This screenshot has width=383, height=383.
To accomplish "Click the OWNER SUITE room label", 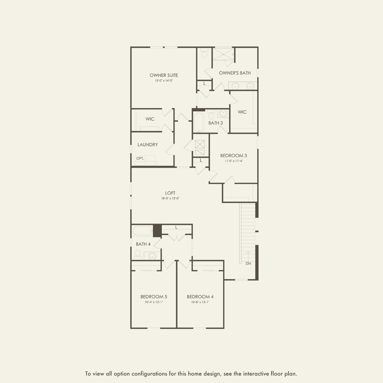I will (x=164, y=75).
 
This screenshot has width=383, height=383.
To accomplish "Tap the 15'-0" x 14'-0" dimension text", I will (x=164, y=81).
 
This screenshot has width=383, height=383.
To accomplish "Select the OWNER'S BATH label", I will (x=235, y=73).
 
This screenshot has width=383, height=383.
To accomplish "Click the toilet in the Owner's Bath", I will (x=204, y=54).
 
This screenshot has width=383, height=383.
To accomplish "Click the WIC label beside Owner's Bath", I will (x=242, y=112).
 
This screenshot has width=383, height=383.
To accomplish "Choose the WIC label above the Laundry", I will (x=150, y=119).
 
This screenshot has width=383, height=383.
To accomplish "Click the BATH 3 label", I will (x=215, y=123).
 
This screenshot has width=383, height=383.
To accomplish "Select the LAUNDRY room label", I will (x=148, y=145).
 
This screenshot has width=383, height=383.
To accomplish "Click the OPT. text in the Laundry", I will (x=140, y=158).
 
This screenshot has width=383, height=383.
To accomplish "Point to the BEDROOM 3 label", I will (x=234, y=156).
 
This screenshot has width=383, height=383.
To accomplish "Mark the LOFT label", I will (x=170, y=193).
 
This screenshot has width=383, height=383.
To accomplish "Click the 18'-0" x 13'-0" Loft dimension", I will (x=170, y=198).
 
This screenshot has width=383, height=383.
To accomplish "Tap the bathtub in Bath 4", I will (x=142, y=231).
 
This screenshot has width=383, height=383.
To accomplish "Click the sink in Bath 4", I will (x=152, y=256).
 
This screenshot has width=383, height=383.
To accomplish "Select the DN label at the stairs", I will (x=248, y=263).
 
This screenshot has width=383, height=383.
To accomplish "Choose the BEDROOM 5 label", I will (x=154, y=297).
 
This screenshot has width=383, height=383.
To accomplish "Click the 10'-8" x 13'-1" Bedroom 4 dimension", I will (x=200, y=302).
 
